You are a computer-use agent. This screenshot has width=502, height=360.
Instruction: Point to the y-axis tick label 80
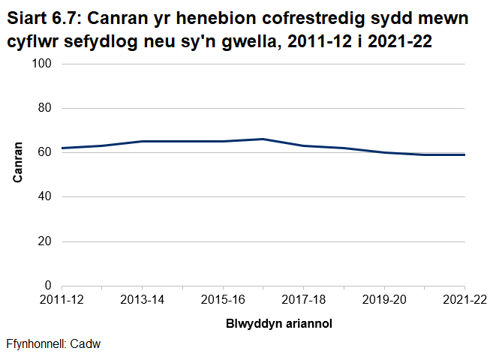point(44,109)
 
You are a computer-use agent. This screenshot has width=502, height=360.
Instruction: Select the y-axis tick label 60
point(44,153)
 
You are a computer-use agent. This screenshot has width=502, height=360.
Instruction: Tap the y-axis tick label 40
point(44,197)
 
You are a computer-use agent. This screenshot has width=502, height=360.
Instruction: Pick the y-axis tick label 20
point(44,241)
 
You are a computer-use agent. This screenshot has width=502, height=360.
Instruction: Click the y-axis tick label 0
point(47,286)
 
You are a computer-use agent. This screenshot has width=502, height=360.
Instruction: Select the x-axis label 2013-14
point(143,301)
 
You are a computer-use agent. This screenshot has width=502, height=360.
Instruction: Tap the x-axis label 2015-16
point(223,301)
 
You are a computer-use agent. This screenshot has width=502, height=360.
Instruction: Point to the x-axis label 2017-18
point(304,301)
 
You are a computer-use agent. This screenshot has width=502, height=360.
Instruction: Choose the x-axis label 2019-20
point(384,301)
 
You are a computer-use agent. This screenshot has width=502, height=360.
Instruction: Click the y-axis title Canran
point(18,163)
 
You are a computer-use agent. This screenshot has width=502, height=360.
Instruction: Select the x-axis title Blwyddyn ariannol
point(278,325)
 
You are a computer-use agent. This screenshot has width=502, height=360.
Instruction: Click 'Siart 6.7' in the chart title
point(42,17)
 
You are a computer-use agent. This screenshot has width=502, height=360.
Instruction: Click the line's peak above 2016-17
point(263,139)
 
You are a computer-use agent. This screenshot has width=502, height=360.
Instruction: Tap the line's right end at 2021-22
point(465,155)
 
